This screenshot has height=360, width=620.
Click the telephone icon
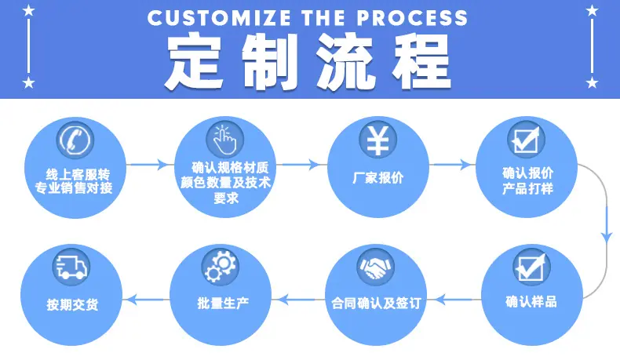click(75, 140)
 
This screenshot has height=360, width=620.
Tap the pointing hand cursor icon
click(225, 140)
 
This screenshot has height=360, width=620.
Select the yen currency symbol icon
click(378, 140)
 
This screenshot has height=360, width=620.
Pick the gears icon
click(221, 267)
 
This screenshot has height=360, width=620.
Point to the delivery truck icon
click(71, 267)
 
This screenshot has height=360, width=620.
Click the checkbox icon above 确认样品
click(531, 267)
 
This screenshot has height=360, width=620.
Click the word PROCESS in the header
click(411, 18)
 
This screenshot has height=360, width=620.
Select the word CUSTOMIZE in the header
click(219, 18)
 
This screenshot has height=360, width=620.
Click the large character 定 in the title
click(194, 60)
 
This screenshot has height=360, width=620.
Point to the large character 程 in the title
click(422, 60)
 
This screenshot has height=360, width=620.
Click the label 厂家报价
click(378, 178)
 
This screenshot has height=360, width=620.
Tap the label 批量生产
click(223, 303)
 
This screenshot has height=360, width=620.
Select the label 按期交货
click(72, 304)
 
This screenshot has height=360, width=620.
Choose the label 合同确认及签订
click(376, 303)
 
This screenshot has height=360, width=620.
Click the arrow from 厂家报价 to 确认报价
click(452, 164)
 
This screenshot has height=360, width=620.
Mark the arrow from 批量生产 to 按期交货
click(146, 299)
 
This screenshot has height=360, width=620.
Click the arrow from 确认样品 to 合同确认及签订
click(458, 299)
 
